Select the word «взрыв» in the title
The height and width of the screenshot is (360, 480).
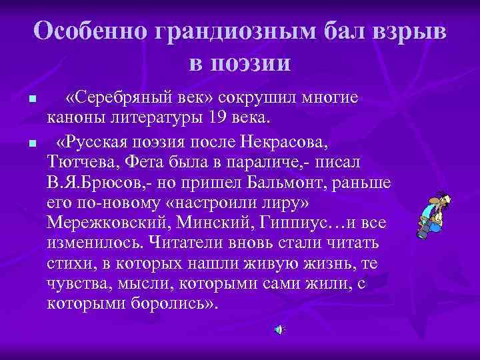pyautogui.click(x=411, y=31)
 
